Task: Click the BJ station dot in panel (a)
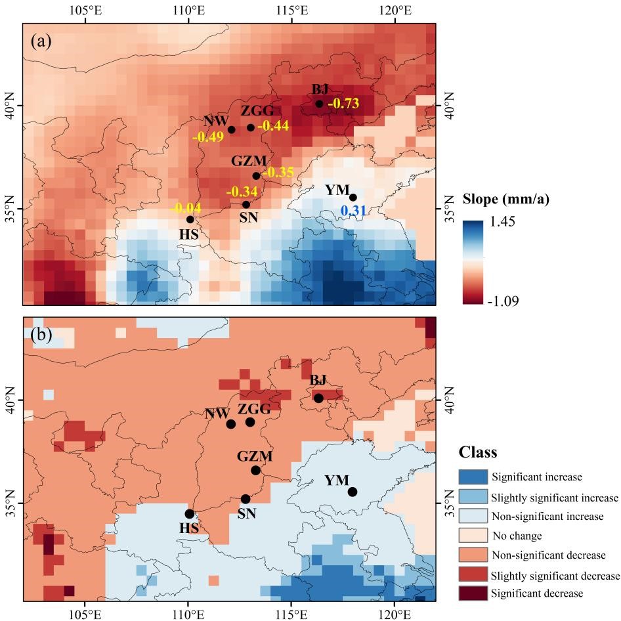[x=319, y=104]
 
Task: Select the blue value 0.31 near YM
[x=353, y=211]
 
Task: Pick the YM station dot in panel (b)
[x=353, y=492]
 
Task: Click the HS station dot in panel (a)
[x=190, y=219]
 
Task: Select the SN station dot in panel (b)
[x=246, y=499]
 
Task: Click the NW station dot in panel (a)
[x=232, y=129]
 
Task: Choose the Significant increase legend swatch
[x=473, y=478]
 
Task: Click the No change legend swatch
[x=473, y=536]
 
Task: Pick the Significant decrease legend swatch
[x=473, y=593]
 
